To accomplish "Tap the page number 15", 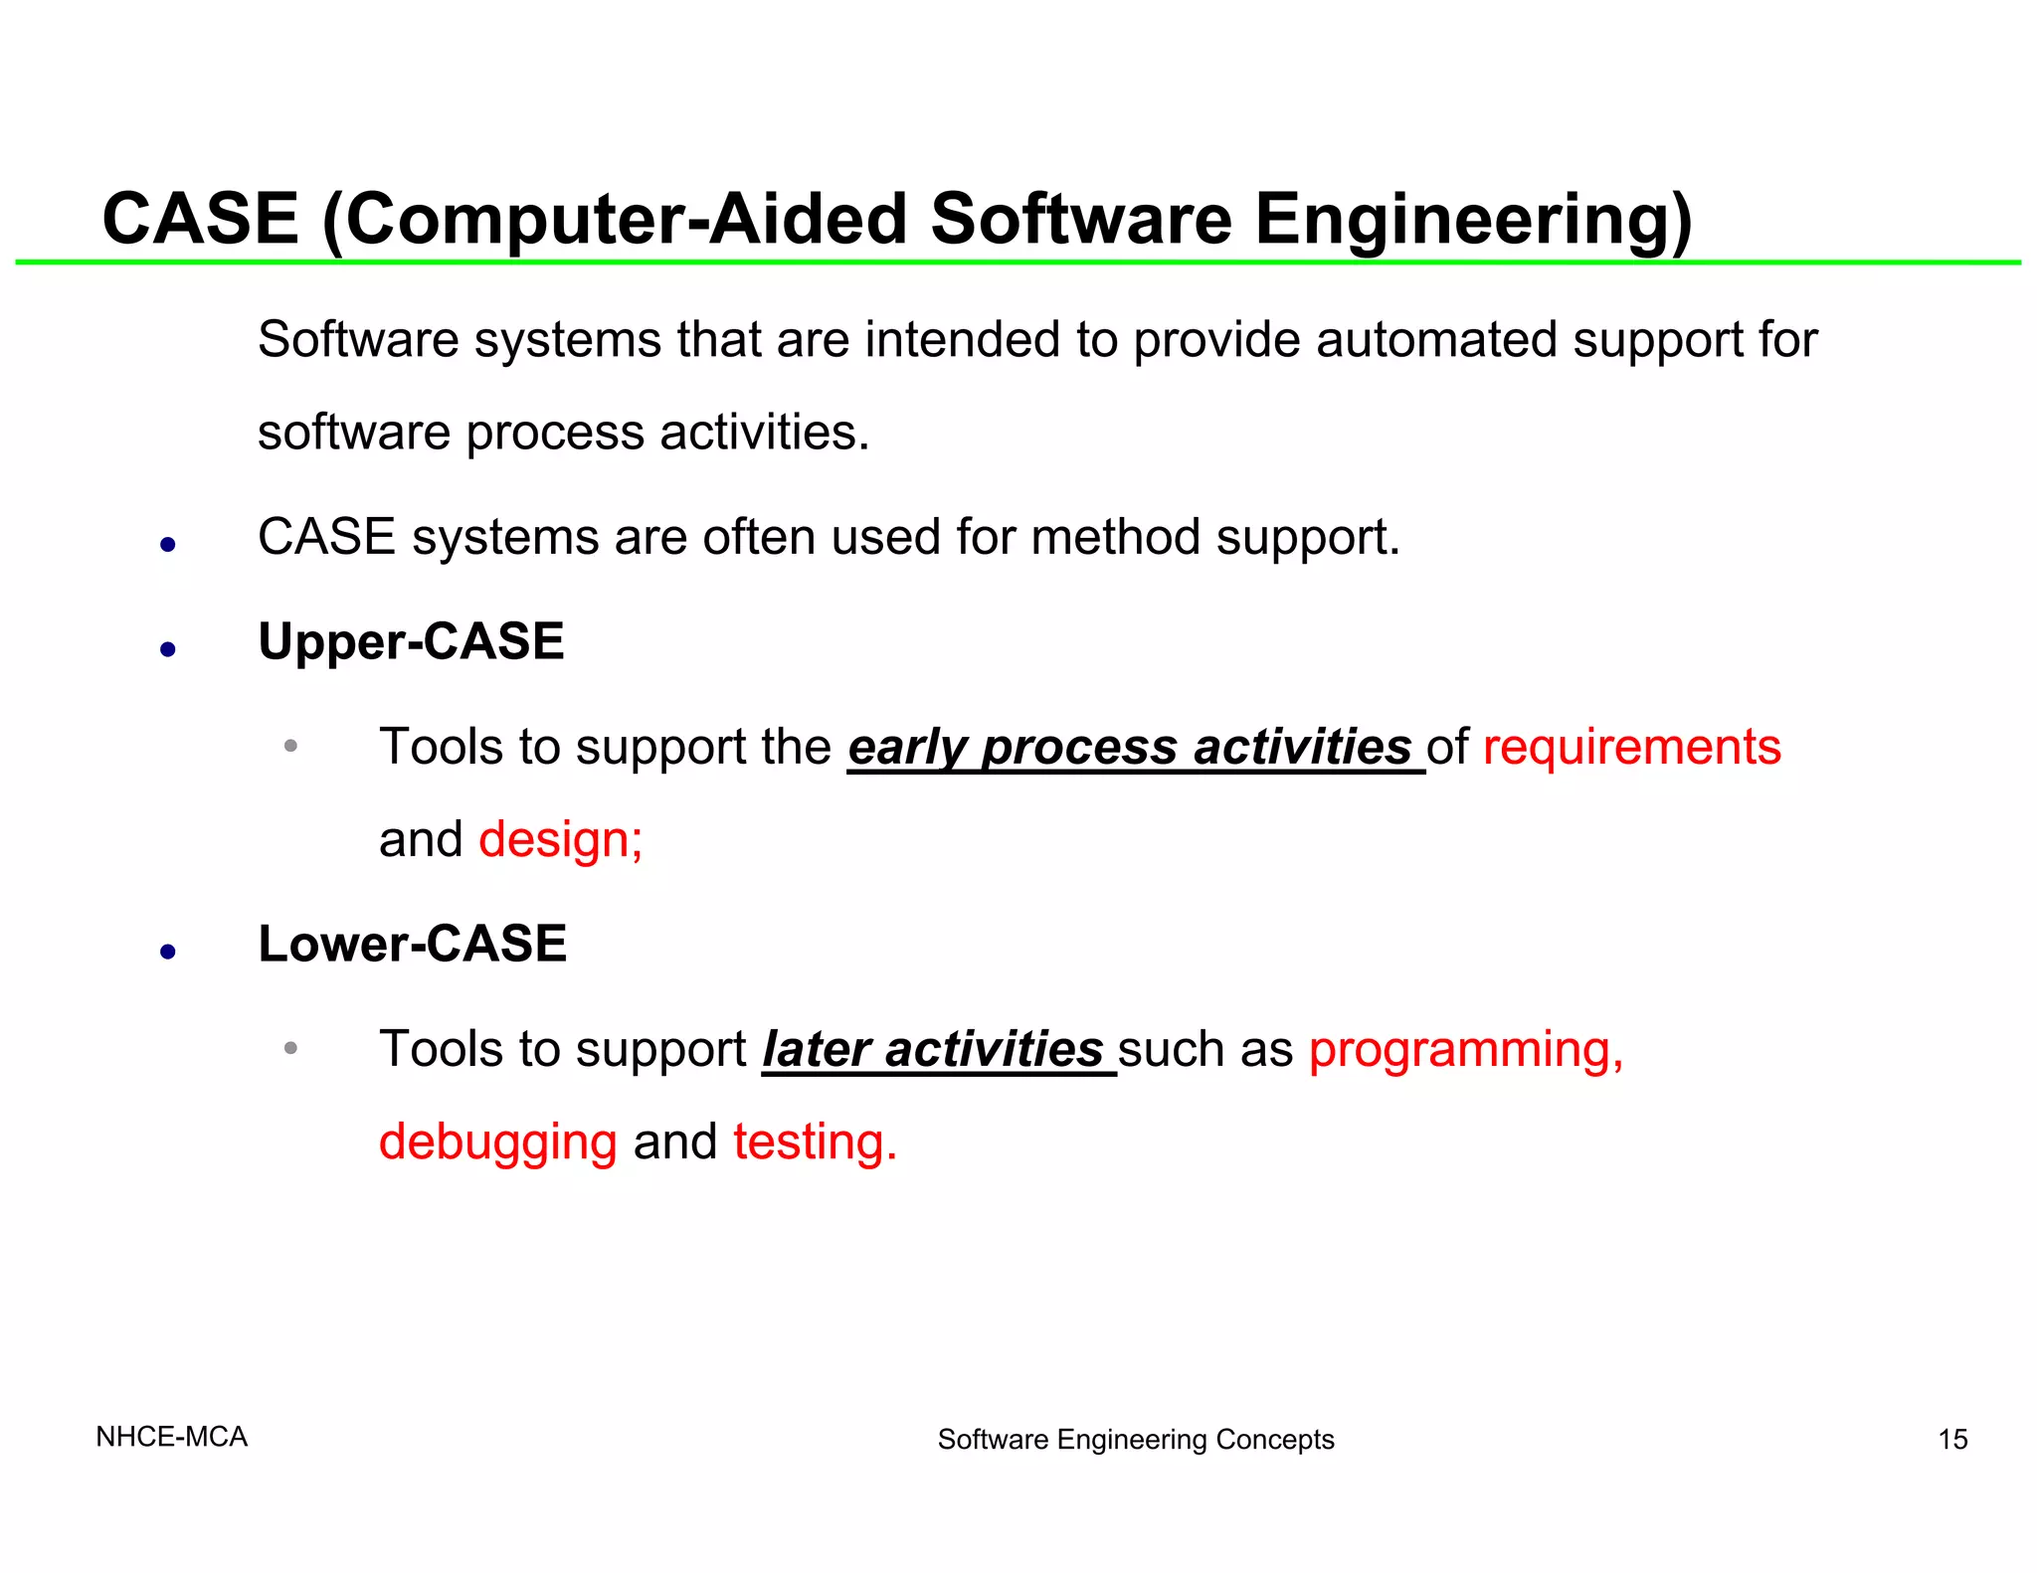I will coord(1952,1439).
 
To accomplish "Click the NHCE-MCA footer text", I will coord(171,1437).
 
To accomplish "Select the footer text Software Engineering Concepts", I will coord(1135,1439).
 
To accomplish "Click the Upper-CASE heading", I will coord(411,641).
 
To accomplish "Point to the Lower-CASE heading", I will coord(412,944).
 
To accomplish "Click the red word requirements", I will coord(1631,747).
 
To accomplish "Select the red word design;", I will coord(561,839).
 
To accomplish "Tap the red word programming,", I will coord(1466,1050).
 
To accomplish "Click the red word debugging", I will coord(497,1142).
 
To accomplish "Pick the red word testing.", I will coord(815,1141).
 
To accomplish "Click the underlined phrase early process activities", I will coord(1134,748).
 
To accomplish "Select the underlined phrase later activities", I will coord(938,1050).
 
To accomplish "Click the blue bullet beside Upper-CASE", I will coord(168,650).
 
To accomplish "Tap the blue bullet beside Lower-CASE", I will coord(168,953).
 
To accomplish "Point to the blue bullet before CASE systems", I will coord(168,545).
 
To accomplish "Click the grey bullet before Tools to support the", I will coord(290,746).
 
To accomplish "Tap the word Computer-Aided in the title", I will coord(627,220).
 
